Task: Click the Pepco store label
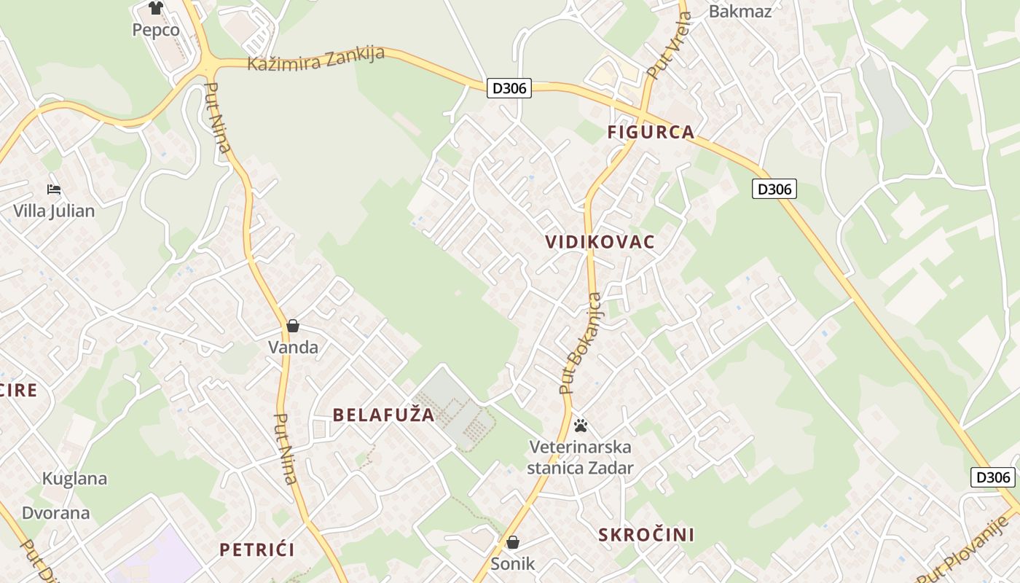(x=156, y=30)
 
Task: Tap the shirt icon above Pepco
(x=156, y=8)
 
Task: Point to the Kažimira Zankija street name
(x=315, y=59)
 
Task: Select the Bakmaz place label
(x=739, y=11)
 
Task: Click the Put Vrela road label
(x=668, y=46)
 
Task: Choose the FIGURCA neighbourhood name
(x=651, y=132)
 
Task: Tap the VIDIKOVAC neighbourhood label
(x=600, y=242)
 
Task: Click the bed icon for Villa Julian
(x=54, y=189)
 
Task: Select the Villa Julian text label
(x=54, y=211)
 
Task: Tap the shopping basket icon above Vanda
(x=293, y=326)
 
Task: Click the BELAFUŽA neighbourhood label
(x=383, y=415)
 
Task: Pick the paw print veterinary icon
(x=581, y=425)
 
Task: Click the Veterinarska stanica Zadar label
(x=581, y=457)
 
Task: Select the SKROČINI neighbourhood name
(x=646, y=535)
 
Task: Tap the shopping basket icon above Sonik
(x=513, y=542)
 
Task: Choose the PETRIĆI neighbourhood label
(x=257, y=549)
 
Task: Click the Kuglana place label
(x=74, y=479)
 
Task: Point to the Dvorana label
(x=56, y=512)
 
